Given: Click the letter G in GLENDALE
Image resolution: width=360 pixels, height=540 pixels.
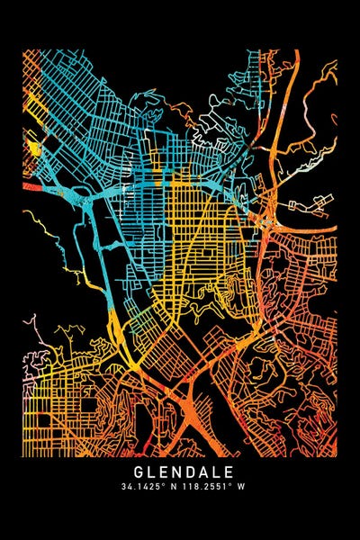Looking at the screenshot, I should pyautogui.click(x=139, y=471).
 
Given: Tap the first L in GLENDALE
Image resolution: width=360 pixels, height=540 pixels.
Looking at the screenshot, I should pyautogui.click(x=150, y=471).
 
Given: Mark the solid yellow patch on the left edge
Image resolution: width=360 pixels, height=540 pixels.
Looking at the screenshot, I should pyautogui.click(x=33, y=146).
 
